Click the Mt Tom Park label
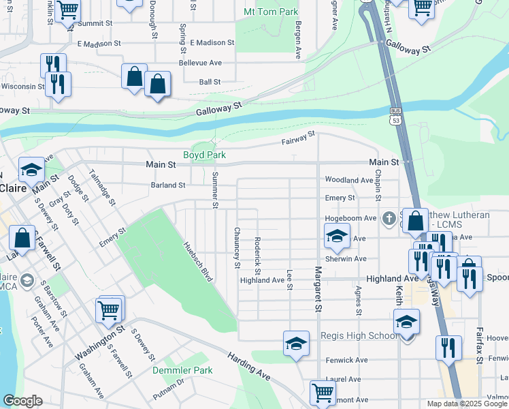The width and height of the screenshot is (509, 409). coord(271,12)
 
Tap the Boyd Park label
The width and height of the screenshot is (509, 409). coord(204,155)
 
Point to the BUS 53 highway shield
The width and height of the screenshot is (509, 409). coord(395,115)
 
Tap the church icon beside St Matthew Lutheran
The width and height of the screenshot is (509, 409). coord(389,218)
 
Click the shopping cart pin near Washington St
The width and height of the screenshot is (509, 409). coord(109,309)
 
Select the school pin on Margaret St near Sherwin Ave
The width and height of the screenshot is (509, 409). coord(336,236)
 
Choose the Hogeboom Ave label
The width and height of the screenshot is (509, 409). coord(350,218)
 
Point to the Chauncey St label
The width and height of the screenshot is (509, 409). coord(237,247)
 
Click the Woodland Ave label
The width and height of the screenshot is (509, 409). coord(349,180)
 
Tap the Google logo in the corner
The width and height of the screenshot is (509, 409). coord(23,401)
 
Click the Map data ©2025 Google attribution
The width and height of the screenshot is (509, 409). coord(467,404)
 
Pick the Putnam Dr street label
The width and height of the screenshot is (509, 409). coord(169,389)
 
